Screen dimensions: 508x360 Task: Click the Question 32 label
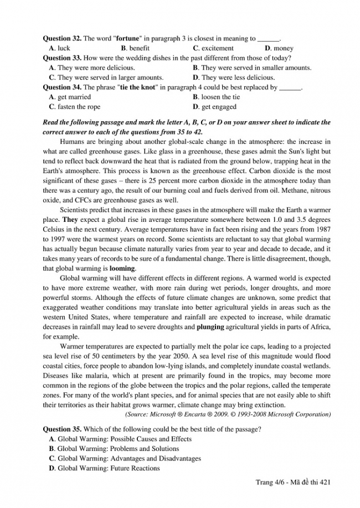pos(62,39)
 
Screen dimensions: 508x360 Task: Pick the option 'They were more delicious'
pos(89,68)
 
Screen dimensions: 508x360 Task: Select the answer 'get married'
pos(74,97)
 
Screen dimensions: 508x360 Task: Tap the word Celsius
pos(55,230)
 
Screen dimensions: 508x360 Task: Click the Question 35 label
pos(62,429)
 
